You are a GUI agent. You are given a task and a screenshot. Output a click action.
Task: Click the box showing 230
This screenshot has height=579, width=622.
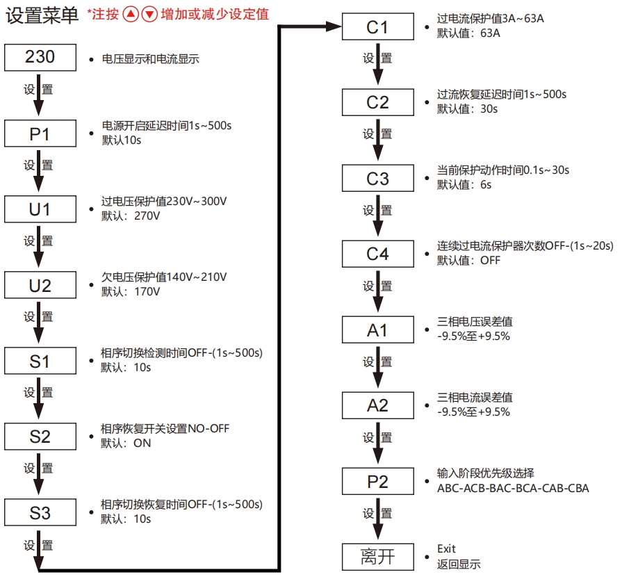coord(40,57)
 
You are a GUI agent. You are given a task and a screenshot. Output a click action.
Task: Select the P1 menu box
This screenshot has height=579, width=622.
coord(40,133)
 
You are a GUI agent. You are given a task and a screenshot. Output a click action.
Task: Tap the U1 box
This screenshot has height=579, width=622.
coord(40,209)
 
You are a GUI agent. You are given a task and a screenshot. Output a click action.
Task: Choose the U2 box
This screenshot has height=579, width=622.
coord(40,285)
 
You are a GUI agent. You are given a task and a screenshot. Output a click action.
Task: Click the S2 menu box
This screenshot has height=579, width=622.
coord(40,437)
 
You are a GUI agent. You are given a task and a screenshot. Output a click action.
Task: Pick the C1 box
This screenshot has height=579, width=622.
coord(377,28)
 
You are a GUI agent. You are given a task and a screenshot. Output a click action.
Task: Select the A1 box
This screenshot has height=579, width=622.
coord(377,330)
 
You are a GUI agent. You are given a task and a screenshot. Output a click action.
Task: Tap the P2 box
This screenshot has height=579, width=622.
coord(377,482)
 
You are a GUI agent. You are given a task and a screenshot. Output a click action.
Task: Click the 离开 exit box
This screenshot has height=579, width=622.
coord(377,556)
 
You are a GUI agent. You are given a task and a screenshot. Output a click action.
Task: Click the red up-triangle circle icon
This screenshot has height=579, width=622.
coord(131,15)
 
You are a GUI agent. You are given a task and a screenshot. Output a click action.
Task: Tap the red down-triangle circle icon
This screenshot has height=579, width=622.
coord(149,15)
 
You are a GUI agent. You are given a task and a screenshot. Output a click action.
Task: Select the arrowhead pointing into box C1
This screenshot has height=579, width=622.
coord(336,27)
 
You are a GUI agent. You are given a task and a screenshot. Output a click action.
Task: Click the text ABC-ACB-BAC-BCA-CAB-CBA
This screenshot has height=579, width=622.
coord(513,488)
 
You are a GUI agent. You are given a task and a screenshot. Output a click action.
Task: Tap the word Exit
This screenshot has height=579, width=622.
coord(446,549)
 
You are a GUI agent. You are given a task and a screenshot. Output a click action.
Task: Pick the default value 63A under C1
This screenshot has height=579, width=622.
coord(490,33)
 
